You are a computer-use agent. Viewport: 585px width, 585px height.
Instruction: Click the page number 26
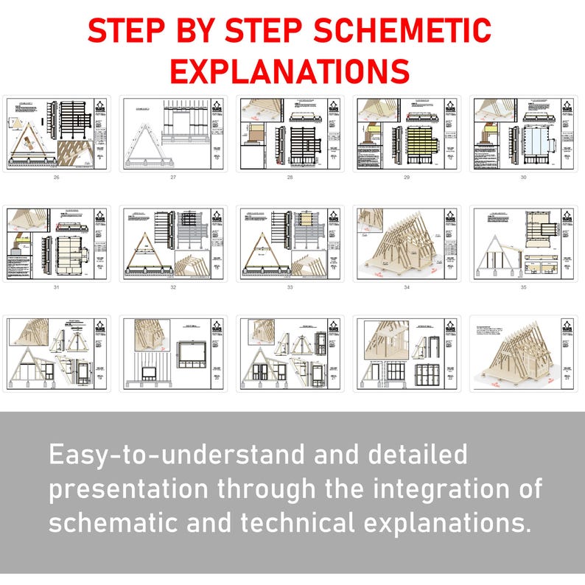(x=56, y=178)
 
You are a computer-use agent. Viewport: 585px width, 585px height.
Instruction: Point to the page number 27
(x=173, y=178)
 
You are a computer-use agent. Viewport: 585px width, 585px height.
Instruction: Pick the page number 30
(x=524, y=178)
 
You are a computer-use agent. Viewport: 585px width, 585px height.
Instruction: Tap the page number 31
(x=56, y=287)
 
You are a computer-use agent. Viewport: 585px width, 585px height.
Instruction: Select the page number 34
(x=407, y=287)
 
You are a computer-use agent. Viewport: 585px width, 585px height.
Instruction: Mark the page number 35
(x=524, y=287)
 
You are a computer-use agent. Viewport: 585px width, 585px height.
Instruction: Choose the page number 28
(x=290, y=178)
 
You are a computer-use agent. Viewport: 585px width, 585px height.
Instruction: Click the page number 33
(x=290, y=287)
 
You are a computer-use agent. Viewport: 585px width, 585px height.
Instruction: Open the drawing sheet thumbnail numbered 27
(x=173, y=134)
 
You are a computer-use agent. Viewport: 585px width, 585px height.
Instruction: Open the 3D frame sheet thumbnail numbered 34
(x=407, y=244)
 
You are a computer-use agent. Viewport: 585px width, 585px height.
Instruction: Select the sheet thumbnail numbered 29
(x=407, y=134)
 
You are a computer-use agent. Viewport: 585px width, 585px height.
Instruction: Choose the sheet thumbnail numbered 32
(x=173, y=244)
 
